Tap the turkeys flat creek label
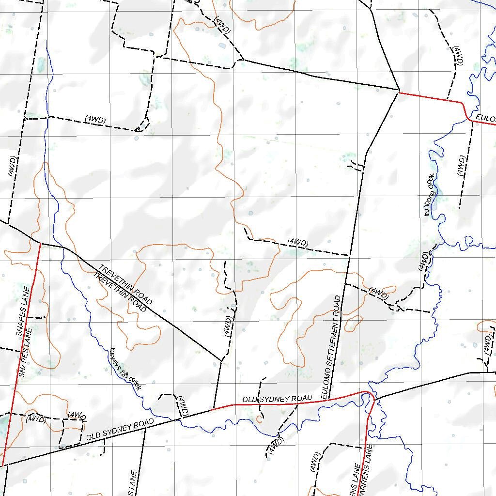[125, 369]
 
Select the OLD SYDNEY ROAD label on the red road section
[277, 399]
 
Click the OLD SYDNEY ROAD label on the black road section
[120, 430]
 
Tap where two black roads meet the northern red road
[399, 91]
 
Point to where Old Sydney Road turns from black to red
[212, 410]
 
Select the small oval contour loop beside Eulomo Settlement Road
[353, 321]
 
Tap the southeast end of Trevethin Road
[221, 361]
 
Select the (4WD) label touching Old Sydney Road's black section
[182, 405]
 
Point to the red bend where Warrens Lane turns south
[370, 395]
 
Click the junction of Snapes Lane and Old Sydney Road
[3, 465]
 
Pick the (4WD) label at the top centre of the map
[222, 26]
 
